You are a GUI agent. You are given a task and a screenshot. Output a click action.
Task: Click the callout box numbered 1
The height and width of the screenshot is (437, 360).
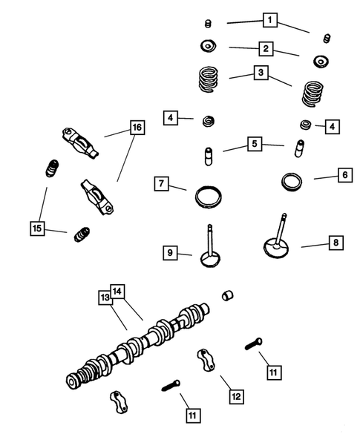270,20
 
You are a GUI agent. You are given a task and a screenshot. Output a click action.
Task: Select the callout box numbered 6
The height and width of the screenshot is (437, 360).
345,175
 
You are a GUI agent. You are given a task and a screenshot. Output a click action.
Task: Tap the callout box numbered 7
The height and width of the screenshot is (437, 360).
162,184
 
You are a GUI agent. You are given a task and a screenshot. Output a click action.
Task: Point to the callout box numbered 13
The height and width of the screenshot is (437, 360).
105,298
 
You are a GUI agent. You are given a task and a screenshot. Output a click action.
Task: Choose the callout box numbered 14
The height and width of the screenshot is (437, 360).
117,292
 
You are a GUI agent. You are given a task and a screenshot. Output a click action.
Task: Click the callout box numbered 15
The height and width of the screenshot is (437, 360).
37,229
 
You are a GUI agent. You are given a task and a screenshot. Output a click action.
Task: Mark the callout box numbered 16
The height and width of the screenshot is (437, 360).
137,128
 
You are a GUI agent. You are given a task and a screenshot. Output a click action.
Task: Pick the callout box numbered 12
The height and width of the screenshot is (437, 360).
237,396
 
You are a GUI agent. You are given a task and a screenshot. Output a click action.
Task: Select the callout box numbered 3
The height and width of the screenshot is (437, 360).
261,73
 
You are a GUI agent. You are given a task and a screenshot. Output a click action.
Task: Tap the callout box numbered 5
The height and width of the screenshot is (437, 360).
255,144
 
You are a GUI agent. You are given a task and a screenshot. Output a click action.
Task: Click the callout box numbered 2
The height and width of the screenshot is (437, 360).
266,49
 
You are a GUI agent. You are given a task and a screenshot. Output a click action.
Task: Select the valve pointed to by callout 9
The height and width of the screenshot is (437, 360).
210,249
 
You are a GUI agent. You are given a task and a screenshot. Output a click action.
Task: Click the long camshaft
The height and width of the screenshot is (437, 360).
138,346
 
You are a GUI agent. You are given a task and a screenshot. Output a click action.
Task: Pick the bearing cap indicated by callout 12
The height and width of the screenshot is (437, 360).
206,361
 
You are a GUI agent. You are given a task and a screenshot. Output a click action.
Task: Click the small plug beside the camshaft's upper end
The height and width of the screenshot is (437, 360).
228,295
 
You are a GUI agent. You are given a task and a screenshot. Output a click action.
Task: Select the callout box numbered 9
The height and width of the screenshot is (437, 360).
170,253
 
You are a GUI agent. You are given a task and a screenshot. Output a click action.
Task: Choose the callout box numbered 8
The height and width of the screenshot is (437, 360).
336,243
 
